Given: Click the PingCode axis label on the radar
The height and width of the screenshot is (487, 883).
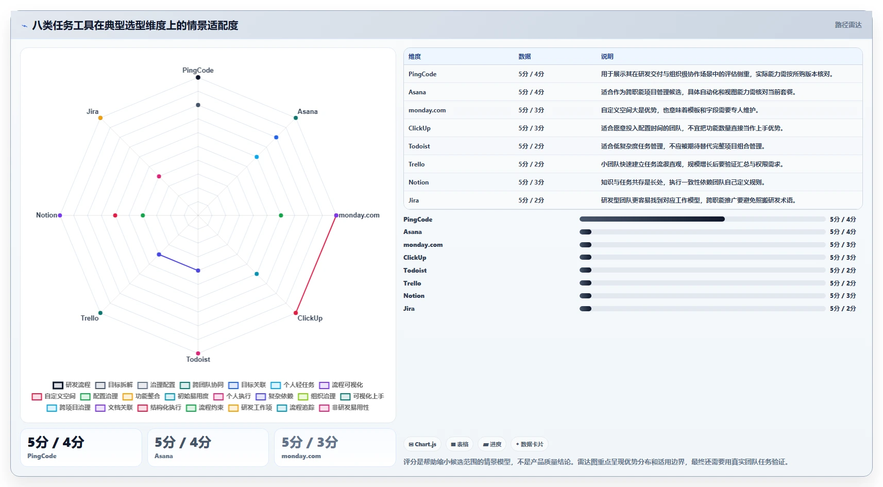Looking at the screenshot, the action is (x=198, y=70).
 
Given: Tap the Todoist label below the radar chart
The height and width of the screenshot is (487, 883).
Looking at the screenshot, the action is (x=198, y=359).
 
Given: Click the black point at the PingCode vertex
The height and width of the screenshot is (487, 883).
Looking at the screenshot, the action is (x=198, y=77).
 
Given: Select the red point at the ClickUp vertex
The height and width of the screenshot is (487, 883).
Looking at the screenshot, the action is (x=296, y=313).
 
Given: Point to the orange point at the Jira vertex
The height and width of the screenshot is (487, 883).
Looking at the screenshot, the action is (x=100, y=118).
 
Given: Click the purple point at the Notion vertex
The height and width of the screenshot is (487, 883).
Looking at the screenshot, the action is (x=60, y=215).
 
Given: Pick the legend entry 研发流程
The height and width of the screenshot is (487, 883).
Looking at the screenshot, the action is (x=72, y=385).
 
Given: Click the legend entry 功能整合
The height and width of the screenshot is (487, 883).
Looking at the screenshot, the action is (x=142, y=396).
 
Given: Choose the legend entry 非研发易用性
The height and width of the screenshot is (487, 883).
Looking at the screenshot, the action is (x=344, y=408).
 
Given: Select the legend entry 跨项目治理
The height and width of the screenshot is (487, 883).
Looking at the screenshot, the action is (x=69, y=408).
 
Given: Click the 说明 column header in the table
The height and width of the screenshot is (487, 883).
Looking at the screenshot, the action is (x=607, y=56).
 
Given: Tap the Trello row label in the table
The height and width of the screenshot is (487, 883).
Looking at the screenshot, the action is (x=416, y=164).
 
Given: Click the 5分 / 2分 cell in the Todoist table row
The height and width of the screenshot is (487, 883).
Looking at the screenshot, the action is (x=531, y=146).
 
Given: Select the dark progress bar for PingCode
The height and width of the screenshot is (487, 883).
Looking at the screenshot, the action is (x=652, y=219).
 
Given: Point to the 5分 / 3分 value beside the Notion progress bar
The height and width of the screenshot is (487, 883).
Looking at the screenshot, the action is (x=843, y=296).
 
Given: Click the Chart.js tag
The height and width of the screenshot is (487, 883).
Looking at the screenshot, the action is (x=422, y=444).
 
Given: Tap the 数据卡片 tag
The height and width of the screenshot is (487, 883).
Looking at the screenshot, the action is (x=530, y=444).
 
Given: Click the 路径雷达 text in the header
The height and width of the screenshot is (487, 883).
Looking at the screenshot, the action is (x=848, y=25).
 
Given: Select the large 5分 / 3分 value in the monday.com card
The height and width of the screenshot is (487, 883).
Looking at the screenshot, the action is (x=310, y=443).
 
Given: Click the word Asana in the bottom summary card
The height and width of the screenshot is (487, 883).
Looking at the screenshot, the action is (x=164, y=456).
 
